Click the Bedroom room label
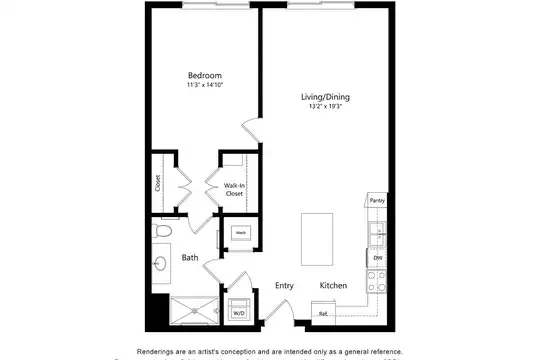coord(205,76)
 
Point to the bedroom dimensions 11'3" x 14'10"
coord(205,86)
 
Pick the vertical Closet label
coord(158,183)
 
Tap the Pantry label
coord(377,200)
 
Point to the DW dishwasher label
coord(378,259)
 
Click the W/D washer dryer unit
coord(239,309)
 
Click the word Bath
coord(190,258)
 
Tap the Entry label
coord(285,286)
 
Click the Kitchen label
coord(333,286)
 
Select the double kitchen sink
coord(378,234)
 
